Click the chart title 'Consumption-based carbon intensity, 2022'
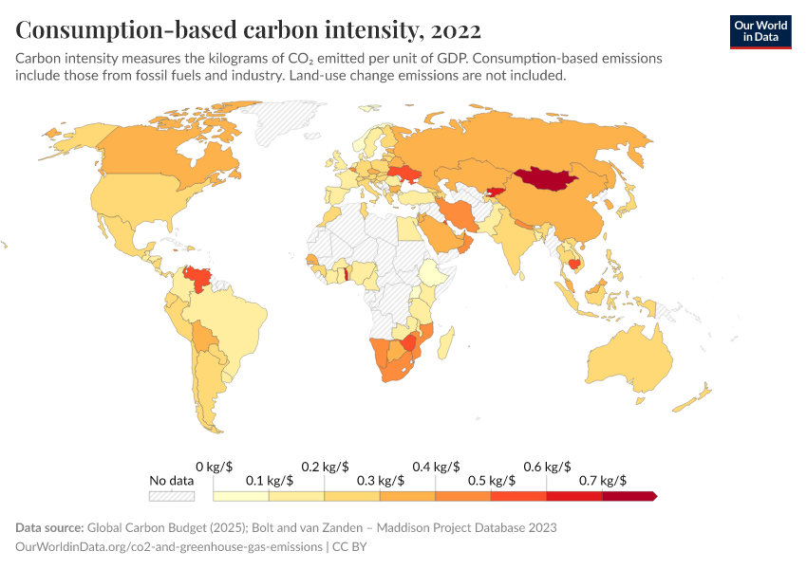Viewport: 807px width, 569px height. [248, 29]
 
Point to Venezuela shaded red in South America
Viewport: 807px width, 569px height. [198, 278]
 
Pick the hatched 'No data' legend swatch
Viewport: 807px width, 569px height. [171, 496]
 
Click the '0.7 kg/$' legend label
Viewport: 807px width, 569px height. [602, 481]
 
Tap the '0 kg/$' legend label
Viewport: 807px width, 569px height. [215, 467]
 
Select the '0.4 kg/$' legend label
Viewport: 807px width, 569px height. [436, 467]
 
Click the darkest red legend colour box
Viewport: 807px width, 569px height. [629, 496]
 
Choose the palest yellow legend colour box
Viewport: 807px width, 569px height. [241, 496]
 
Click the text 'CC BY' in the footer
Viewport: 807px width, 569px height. [349, 547]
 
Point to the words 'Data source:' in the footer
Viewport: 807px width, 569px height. [48, 527]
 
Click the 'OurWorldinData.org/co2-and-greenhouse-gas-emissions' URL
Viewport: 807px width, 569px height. [167, 547]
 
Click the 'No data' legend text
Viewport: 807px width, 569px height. [171, 481]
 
